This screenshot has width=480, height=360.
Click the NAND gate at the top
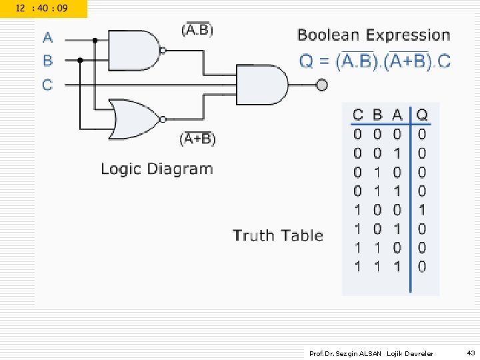tap(133, 50)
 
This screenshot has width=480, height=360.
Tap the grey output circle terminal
tap(322, 85)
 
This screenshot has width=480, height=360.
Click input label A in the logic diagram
tap(48, 37)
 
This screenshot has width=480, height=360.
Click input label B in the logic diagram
tap(48, 61)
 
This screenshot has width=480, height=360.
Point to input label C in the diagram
tap(48, 85)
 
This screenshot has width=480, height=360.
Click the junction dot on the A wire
tap(95, 41)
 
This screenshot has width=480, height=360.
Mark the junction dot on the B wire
tap(80, 60)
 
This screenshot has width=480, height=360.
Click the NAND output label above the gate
tap(197, 29)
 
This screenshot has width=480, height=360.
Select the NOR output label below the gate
tap(197, 139)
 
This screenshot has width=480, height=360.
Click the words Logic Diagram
tap(157, 169)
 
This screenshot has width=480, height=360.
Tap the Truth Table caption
tap(278, 235)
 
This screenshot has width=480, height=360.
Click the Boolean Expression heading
tap(374, 35)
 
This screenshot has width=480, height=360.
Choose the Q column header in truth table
tap(422, 115)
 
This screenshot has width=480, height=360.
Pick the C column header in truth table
tap(358, 115)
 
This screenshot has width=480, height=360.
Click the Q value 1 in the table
tap(422, 210)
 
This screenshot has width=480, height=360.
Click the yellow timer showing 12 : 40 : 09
tap(42, 9)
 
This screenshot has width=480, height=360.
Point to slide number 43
tap(471, 353)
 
